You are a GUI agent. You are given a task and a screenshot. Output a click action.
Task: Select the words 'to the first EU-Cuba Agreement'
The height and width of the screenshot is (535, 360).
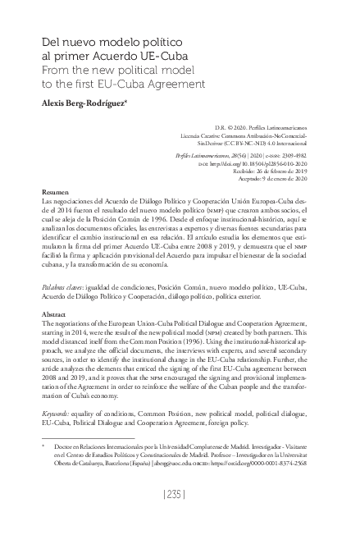click(x=117, y=84)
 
